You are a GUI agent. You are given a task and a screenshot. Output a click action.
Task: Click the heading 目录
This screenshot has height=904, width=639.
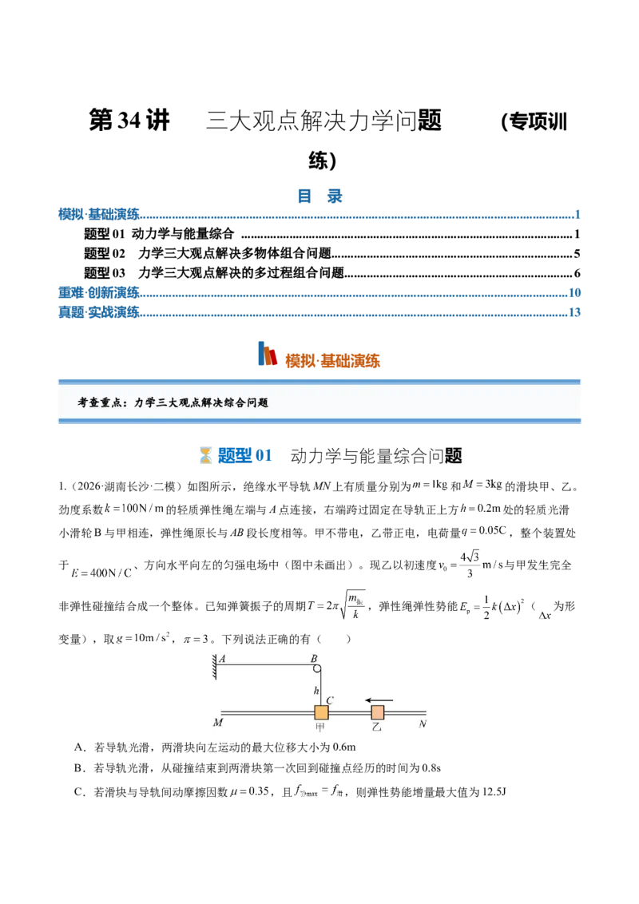click(319, 196)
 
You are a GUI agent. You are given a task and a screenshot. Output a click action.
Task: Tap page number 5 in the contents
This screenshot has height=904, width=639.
click(577, 254)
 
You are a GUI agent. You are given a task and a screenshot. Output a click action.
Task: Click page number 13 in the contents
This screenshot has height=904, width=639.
click(574, 312)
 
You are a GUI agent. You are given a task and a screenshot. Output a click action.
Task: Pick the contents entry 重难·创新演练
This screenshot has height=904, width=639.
click(98, 293)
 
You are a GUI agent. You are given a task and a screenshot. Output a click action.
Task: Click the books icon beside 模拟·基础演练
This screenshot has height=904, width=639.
click(267, 354)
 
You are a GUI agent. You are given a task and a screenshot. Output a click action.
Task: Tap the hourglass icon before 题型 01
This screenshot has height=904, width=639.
click(205, 455)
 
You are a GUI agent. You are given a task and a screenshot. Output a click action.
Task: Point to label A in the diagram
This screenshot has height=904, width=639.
click(223, 658)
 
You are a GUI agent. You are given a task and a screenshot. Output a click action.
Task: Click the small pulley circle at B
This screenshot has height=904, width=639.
click(316, 668)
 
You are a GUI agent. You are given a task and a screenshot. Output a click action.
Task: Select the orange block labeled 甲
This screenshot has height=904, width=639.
click(321, 712)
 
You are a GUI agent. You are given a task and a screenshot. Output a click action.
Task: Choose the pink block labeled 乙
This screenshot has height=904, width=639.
click(377, 712)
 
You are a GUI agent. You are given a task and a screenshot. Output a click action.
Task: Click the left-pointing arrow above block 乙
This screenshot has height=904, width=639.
click(379, 700)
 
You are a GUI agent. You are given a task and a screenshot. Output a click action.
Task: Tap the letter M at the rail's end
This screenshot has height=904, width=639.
click(218, 723)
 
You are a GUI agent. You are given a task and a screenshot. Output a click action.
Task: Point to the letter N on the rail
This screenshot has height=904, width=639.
click(423, 724)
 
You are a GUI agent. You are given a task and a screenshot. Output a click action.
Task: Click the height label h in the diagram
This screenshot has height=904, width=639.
click(316, 690)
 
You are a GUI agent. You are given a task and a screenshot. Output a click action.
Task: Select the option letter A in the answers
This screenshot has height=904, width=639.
click(80, 747)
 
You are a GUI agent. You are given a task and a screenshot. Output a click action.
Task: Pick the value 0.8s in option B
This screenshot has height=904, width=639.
click(431, 768)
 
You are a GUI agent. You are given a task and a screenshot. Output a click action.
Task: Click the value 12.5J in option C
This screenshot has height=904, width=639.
click(494, 791)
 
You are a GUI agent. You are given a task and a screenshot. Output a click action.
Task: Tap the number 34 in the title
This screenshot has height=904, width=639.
click(129, 121)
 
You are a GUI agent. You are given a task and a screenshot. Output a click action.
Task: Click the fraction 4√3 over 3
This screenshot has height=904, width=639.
click(470, 565)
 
